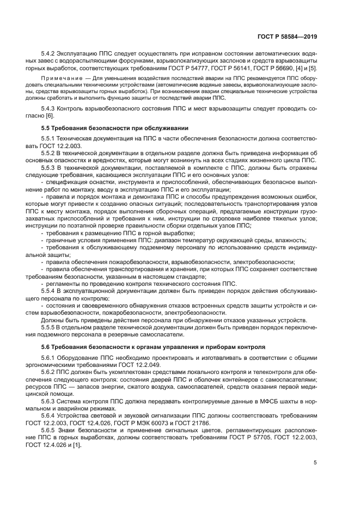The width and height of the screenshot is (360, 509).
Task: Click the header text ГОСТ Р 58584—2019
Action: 287,37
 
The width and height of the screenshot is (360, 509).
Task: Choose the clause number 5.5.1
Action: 50,140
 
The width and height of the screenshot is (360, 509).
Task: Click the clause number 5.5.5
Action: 50,328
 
